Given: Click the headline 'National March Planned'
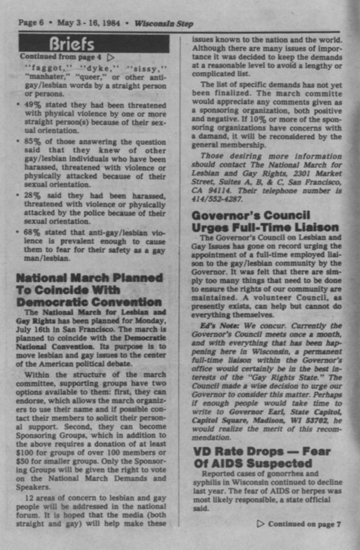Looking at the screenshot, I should pyautogui.click(x=89, y=278).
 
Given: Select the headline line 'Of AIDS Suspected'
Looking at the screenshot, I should pyautogui.click(x=252, y=463).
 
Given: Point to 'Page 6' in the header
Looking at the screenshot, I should pyautogui.click(x=31, y=23).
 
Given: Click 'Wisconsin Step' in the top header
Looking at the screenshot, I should pyautogui.click(x=163, y=23).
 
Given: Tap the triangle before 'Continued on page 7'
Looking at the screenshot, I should pyautogui.click(x=260, y=524).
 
